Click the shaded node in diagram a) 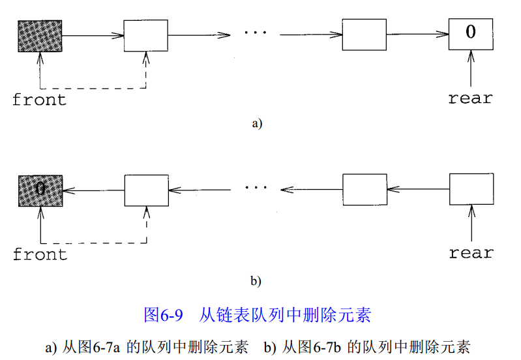point(40,35)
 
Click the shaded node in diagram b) point(40,190)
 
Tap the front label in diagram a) point(39,100)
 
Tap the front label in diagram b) point(40,254)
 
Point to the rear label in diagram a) point(470,98)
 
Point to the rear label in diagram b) point(471,252)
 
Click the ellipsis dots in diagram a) point(255,33)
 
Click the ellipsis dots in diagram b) point(256,188)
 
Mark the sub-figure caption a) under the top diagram point(256,123)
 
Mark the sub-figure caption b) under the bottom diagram point(256,281)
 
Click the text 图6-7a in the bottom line point(100,347)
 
